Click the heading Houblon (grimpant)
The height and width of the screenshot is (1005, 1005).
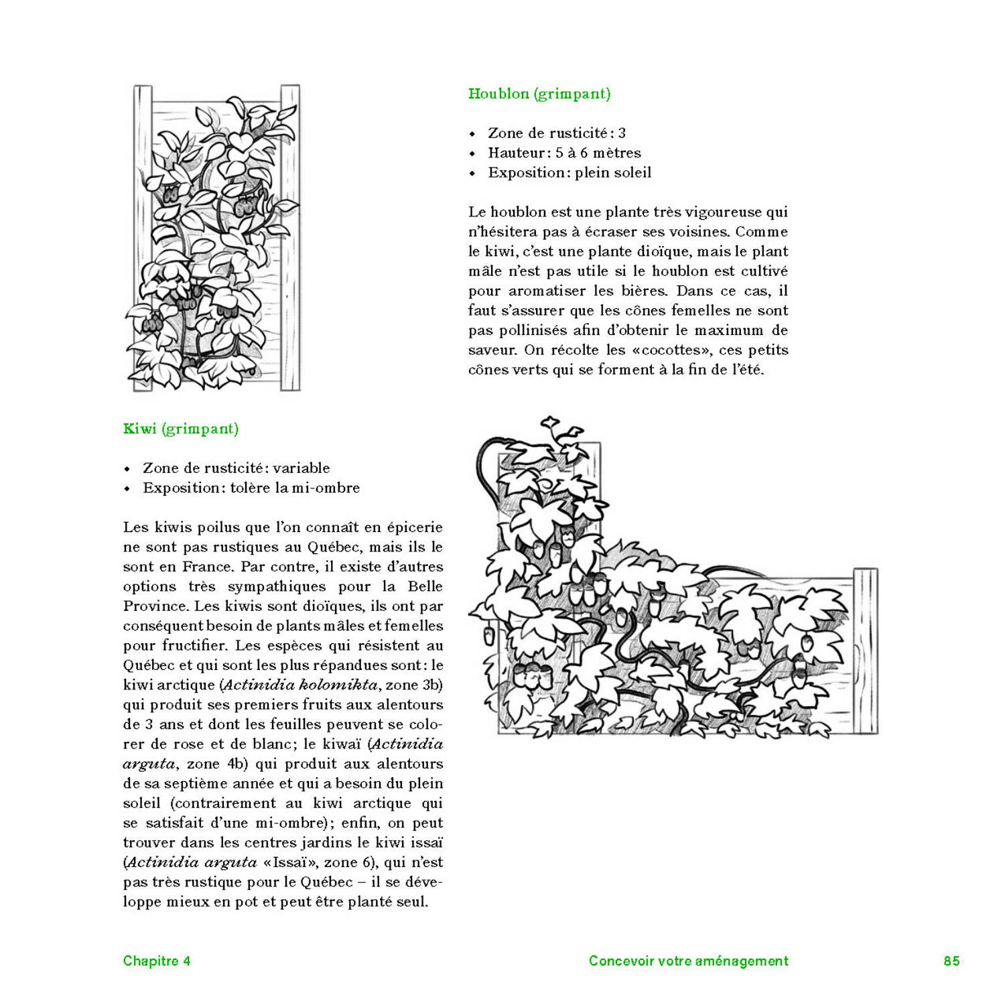539,94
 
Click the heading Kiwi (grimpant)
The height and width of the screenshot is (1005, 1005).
181,429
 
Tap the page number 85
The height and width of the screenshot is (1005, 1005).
951,961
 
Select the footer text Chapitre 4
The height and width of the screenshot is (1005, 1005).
157,961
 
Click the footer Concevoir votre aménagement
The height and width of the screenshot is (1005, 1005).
688,961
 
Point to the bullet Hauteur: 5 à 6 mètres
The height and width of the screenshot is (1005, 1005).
564,153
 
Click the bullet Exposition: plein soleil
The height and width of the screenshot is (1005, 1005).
569,172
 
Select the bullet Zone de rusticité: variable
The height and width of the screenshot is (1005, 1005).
236,468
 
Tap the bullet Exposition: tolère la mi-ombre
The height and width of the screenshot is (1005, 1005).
251,488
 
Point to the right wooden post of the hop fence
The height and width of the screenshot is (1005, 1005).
866,650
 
